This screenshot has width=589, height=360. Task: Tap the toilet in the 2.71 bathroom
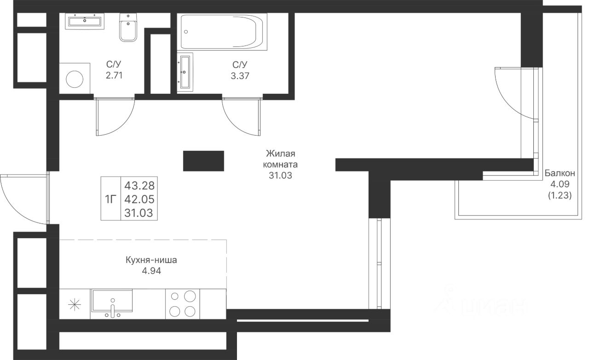pos(128,27)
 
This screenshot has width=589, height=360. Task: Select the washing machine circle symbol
pos(75,79)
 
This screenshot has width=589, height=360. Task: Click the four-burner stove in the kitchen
pos(183,304)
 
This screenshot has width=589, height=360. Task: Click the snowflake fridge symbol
pos(75,305)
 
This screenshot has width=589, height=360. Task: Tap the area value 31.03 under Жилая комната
pos(280,176)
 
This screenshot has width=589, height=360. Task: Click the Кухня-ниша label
pos(151,260)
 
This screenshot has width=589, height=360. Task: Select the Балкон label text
pos(560,173)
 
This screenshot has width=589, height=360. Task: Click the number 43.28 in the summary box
pos(139,186)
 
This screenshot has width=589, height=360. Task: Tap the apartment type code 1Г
pos(110,200)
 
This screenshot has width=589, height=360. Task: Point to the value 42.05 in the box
pos(139,200)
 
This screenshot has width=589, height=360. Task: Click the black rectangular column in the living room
pos(203,161)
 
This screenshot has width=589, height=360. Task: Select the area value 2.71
pos(114,76)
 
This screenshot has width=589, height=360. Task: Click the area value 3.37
pos(240,76)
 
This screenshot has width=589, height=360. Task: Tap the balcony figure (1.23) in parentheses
pos(560,195)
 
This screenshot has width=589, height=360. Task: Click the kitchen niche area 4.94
pos(151,271)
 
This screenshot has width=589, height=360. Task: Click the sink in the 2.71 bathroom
pos(85,21)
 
